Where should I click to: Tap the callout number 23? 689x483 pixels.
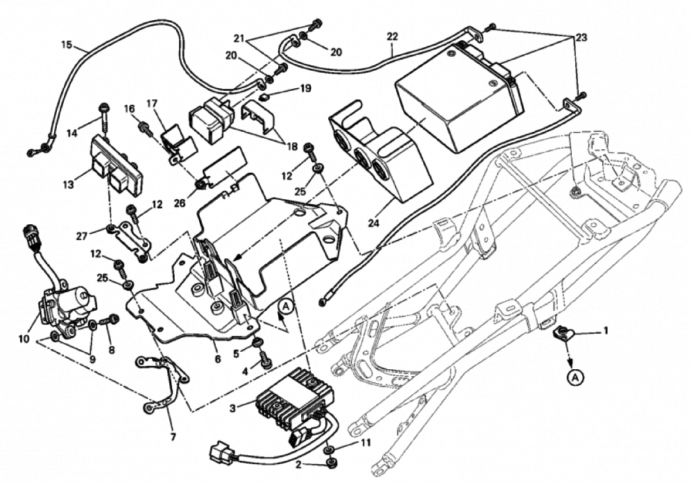(580, 37)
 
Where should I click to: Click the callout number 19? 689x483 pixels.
(305, 89)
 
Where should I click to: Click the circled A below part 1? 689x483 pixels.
(575, 378)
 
